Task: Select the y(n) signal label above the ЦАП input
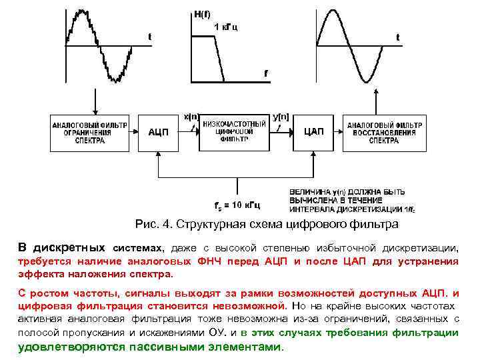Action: click(x=281, y=115)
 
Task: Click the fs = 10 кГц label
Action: click(x=237, y=203)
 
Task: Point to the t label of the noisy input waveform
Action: click(x=149, y=37)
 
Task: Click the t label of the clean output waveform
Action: click(x=398, y=37)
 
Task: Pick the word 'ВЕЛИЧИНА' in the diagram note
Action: click(x=309, y=192)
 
